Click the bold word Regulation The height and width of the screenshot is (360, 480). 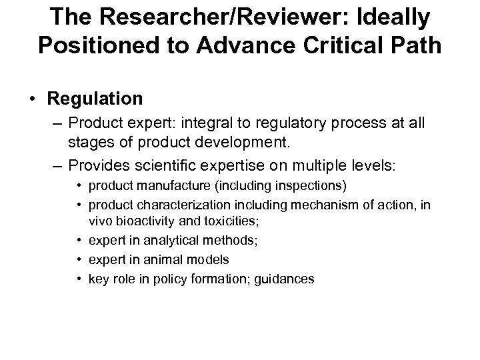[x=95, y=99]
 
